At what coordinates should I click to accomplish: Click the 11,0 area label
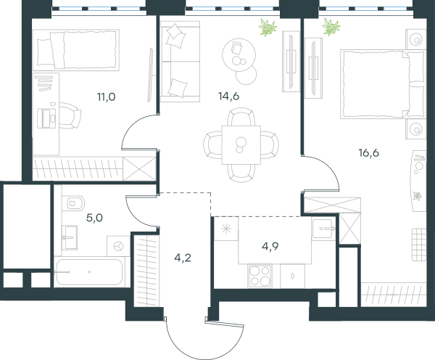(106, 97)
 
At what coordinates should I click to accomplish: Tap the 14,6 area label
(228, 96)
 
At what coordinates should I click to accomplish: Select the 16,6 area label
(369, 152)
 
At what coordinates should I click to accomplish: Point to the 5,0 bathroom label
(94, 218)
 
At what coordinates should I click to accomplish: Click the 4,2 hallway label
(183, 258)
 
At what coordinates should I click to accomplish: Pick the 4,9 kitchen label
(270, 246)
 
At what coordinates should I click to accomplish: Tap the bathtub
(88, 272)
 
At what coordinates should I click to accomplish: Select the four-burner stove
(260, 277)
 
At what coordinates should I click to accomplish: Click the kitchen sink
(323, 229)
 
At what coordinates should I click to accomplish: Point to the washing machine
(118, 246)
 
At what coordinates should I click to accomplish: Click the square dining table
(241, 144)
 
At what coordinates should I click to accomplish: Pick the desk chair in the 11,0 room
(70, 115)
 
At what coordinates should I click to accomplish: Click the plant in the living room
(268, 28)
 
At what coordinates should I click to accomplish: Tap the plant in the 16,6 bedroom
(331, 27)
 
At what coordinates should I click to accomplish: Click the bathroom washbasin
(69, 237)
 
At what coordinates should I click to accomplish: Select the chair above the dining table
(241, 117)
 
